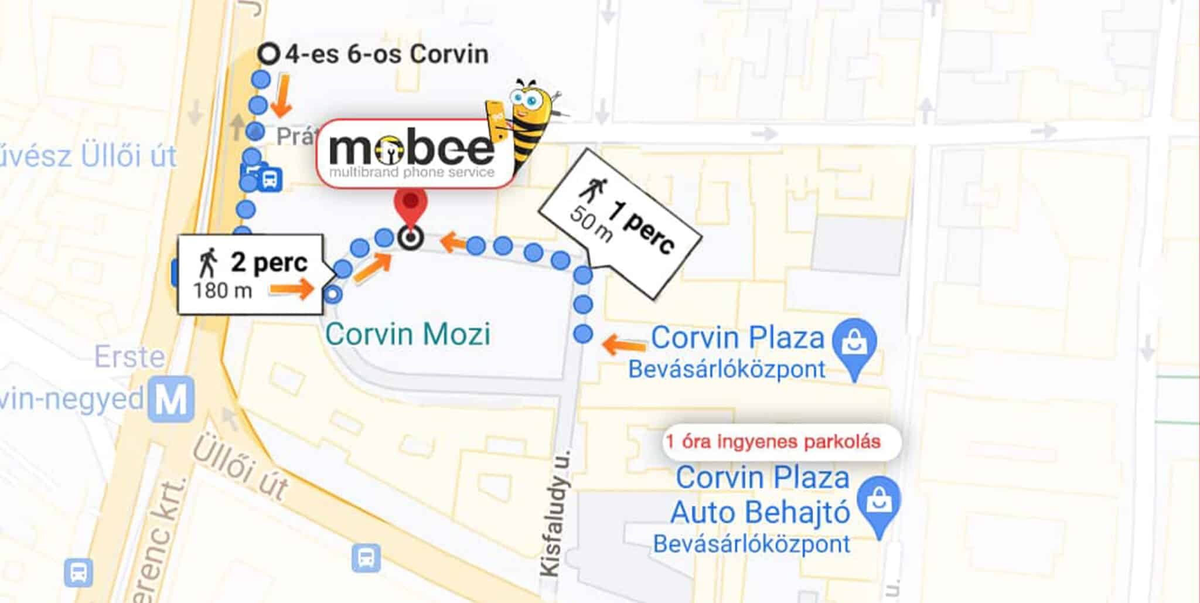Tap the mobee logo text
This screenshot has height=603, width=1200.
[x=411, y=149]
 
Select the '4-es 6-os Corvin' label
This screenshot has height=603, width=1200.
[x=386, y=54]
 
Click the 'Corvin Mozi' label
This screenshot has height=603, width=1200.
[x=408, y=335]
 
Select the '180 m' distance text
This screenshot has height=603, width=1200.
[x=223, y=290]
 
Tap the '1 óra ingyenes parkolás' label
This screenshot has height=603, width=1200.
[x=773, y=441]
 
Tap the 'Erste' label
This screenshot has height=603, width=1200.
[x=129, y=357]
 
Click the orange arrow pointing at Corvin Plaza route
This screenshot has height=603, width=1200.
[x=624, y=344]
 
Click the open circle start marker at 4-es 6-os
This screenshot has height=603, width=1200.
[x=269, y=54]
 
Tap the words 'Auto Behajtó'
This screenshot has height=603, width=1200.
[x=760, y=513]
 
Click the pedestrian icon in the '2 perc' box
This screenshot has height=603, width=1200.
[x=207, y=263]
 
